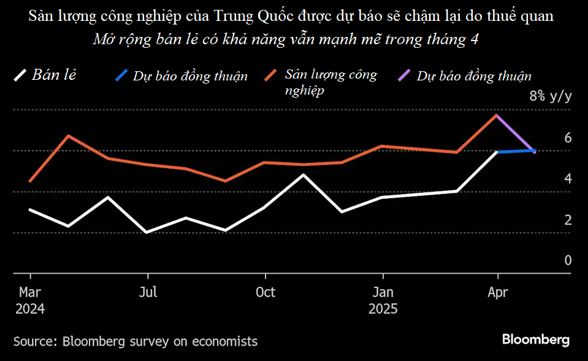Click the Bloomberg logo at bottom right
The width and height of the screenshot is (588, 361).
coord(535,340)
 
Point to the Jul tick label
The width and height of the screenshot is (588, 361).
coord(148,292)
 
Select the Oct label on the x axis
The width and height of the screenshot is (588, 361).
coord(265,292)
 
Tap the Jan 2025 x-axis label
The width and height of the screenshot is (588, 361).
coord(383,299)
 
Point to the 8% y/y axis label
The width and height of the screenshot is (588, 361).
coord(550,96)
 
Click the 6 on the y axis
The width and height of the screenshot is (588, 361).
coord(568,138)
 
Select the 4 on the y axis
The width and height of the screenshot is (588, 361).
coord(568,179)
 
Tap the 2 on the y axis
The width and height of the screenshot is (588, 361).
coord(568,220)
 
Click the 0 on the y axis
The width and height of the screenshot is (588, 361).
coord(568,260)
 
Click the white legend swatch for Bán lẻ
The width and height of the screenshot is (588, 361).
coord(20,76)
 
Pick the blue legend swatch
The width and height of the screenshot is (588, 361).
coord(121,76)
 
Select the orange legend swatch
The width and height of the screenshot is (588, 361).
coord(272,76)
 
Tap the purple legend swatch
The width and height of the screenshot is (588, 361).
coord(405,76)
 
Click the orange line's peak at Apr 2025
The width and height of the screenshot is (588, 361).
coord(497,115)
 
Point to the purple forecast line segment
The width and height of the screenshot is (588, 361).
coord(516,133)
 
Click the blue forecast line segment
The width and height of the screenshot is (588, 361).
coord(516,151)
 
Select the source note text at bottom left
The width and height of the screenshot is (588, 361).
coord(136,341)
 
